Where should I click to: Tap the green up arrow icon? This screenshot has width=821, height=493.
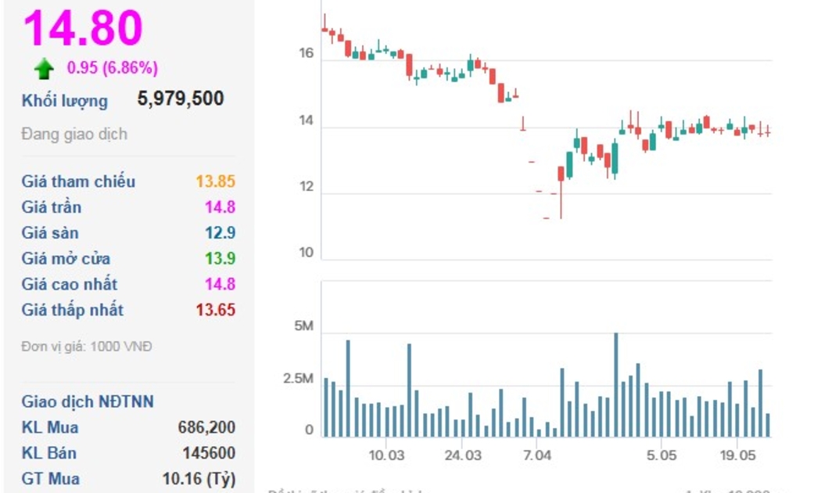point(44,69)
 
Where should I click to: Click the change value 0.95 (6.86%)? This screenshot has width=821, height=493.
point(112,68)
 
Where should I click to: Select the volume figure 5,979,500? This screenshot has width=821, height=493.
point(181,99)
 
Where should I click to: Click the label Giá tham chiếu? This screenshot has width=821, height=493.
point(78,182)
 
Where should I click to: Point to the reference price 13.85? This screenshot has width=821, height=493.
point(215,182)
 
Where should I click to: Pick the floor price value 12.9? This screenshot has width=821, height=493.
point(220,233)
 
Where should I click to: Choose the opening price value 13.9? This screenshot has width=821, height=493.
point(220,259)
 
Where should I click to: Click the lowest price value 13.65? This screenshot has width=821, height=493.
point(215,310)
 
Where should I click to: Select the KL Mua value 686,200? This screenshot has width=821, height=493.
point(206,427)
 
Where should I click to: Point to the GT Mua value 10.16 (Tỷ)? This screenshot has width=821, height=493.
point(199,479)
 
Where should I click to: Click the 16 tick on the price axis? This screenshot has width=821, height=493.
point(306,54)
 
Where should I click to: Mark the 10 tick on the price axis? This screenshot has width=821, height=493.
point(306,253)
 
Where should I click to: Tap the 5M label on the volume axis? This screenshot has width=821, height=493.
point(303,327)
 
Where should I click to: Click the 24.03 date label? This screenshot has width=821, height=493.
point(463,455)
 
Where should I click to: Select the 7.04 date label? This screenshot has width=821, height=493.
point(537,455)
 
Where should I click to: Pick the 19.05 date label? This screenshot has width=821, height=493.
point(738,455)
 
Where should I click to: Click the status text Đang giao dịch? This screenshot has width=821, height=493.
point(74,135)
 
